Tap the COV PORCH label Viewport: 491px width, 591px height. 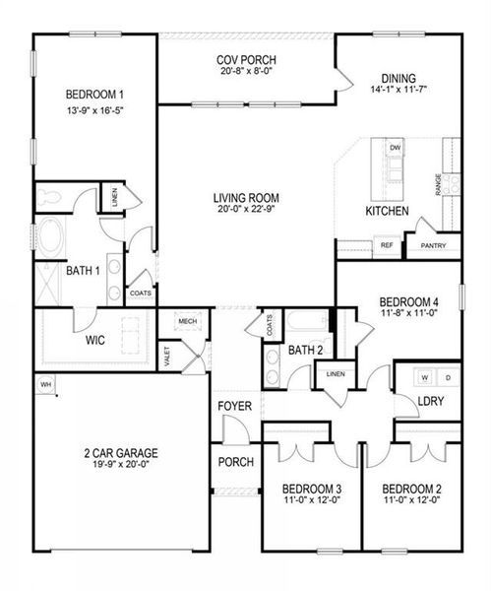238,60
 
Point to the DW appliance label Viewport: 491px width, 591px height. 396,148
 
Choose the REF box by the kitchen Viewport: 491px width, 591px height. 387,245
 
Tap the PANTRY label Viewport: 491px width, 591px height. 434,245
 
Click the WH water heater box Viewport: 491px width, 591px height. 45,383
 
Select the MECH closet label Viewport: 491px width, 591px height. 187,322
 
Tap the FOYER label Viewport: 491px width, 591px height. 235,405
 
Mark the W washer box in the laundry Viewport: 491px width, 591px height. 425,377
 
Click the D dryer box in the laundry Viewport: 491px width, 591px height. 448,377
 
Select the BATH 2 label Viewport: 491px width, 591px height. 306,350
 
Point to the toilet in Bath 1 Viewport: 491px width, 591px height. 49,196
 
